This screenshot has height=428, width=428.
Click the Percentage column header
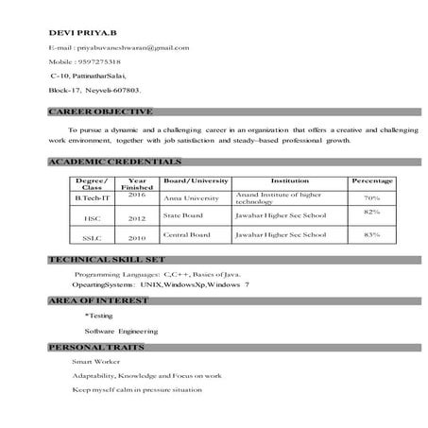pos(371,180)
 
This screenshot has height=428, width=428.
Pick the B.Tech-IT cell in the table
pos(94,197)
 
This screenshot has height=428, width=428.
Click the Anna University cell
pos(186,199)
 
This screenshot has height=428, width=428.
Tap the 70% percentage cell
pos(371,198)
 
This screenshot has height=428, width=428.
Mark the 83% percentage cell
pos(371,234)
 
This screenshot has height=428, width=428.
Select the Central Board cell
pos(186,234)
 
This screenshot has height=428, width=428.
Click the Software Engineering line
pos(121,331)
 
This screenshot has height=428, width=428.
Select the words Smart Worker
pos(94,361)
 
